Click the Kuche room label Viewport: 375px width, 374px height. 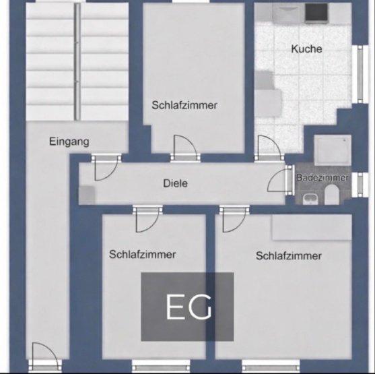306,49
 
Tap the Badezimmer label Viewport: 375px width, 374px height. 322,178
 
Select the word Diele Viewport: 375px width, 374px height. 175,183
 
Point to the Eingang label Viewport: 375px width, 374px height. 69,142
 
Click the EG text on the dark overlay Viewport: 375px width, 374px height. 189,307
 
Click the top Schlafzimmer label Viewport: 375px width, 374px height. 184,105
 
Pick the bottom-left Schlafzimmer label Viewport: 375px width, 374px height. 142,255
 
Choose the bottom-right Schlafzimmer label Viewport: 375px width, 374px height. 288,256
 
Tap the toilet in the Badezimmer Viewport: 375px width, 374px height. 331,196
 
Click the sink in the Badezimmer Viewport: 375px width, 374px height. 309,197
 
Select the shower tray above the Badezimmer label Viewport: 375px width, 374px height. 334,149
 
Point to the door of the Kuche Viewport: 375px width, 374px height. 267,148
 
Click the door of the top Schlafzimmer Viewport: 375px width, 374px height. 184,148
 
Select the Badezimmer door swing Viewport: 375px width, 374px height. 278,181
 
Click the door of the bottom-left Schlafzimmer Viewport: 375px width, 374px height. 146,220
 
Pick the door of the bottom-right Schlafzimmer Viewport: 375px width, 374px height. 233,220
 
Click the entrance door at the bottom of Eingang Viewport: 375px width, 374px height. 44,355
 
